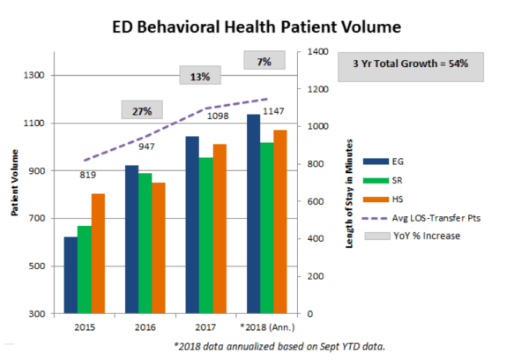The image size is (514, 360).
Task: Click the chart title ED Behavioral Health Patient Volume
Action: (256, 27)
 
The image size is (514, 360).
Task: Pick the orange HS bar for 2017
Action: (220, 229)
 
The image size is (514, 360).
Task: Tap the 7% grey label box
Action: (264, 62)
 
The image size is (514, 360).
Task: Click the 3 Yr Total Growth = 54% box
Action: (412, 64)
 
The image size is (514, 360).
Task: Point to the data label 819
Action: (86, 176)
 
